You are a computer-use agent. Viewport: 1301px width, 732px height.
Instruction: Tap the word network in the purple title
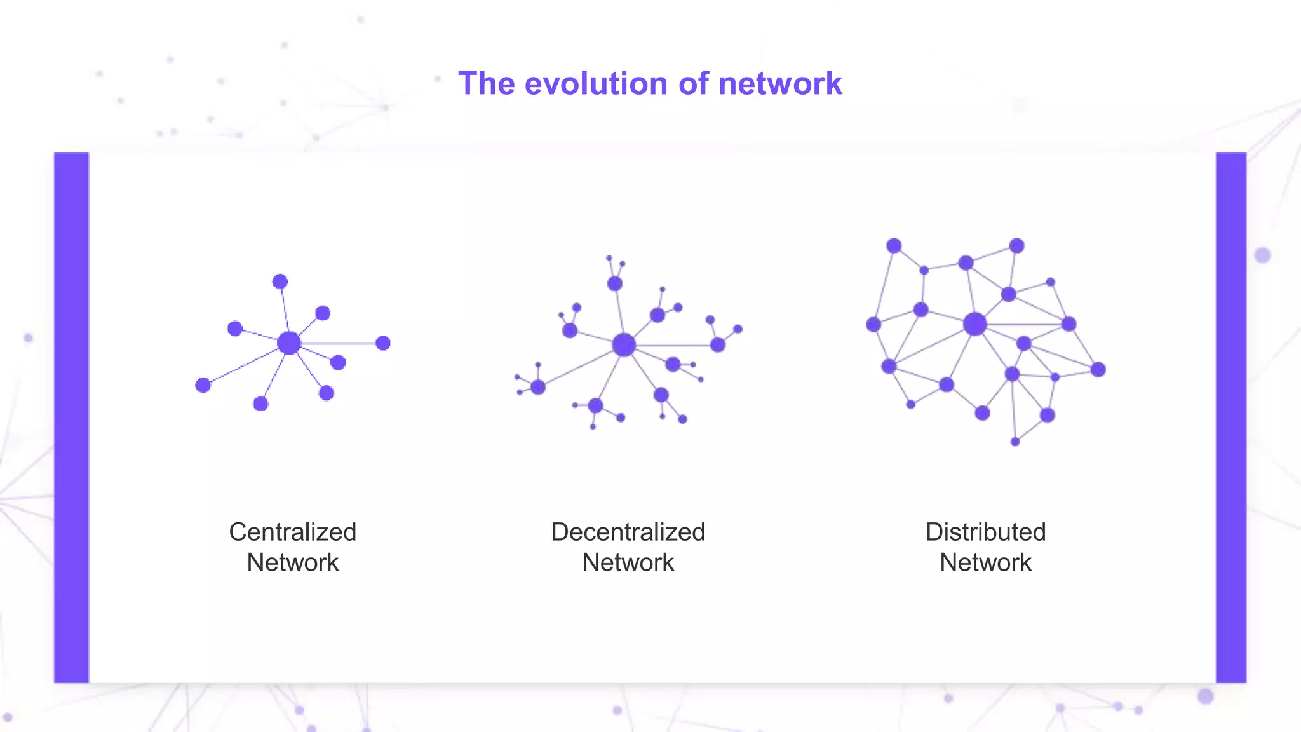780,84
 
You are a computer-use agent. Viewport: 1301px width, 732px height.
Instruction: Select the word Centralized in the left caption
292,532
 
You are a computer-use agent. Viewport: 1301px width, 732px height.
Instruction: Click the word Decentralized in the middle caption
628,532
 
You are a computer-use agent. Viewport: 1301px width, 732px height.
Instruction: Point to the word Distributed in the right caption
985,532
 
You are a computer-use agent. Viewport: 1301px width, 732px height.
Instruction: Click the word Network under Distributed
985,562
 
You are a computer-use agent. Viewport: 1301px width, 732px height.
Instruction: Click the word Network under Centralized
292,562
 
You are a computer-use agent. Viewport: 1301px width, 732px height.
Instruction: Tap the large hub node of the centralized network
289,343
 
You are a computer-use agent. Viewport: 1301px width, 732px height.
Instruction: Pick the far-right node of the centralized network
382,343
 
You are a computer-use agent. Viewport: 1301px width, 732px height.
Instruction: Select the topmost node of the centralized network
280,281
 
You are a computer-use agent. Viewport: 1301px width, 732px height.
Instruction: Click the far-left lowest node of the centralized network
203,385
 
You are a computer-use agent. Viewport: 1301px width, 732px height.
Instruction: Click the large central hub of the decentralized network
624,345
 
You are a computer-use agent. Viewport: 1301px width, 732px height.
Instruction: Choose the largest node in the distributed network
974,324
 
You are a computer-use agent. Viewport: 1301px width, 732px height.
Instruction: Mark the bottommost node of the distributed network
1015,442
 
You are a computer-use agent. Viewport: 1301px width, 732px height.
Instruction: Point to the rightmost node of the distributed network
1098,369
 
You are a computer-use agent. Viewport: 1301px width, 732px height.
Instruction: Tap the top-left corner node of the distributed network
894,246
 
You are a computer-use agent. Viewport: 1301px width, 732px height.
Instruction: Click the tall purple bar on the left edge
71,417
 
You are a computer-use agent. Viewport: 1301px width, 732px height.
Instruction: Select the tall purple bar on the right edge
1231,417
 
